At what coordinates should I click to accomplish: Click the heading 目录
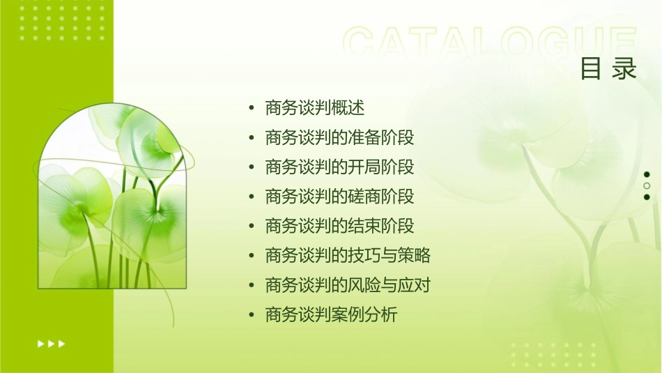click(608, 69)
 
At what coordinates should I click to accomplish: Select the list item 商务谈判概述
click(315, 108)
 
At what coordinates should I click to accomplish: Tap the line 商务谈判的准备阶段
click(339, 137)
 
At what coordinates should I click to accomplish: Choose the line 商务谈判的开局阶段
click(339, 167)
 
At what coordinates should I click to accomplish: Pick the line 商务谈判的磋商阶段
click(339, 197)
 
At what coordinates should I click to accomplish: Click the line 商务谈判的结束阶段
click(339, 226)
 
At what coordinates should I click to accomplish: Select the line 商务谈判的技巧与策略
click(348, 255)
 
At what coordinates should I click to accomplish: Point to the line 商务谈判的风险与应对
click(348, 285)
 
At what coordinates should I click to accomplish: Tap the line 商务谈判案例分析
click(331, 315)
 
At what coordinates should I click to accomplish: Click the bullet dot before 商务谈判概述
click(252, 109)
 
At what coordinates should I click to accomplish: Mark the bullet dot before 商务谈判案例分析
click(252, 316)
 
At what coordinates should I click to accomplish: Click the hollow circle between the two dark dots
click(647, 185)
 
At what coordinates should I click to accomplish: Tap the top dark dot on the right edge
click(647, 174)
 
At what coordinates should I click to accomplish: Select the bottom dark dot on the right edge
click(647, 197)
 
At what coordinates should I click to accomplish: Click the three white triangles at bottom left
click(51, 343)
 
